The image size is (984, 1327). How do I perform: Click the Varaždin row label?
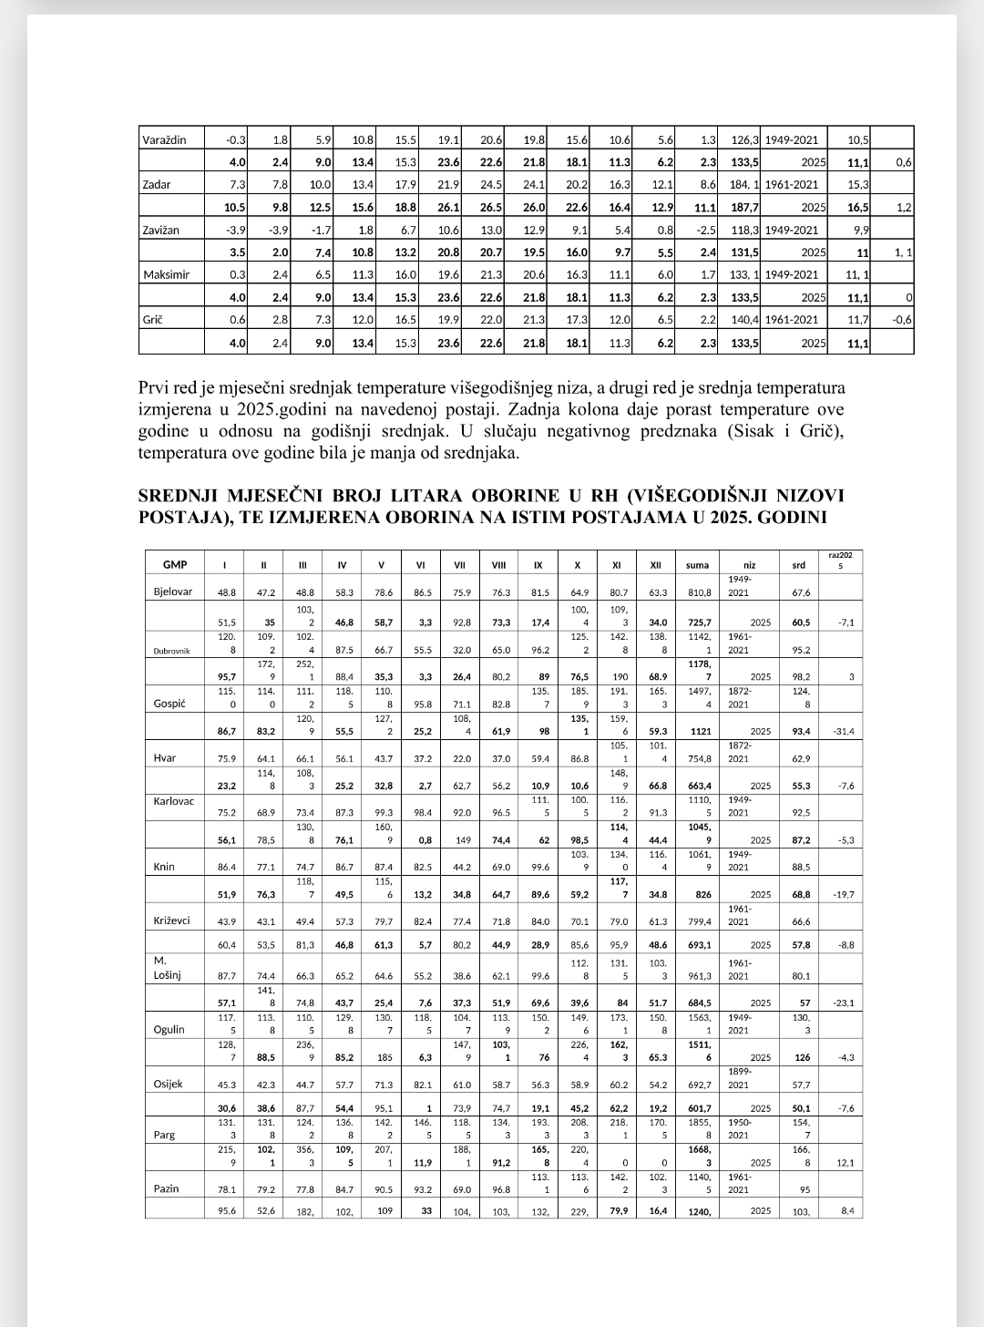pos(164,139)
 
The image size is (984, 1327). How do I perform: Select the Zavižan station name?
pos(162,230)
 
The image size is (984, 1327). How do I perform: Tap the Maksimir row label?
pos(166,274)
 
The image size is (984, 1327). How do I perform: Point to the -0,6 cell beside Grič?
pos(902,319)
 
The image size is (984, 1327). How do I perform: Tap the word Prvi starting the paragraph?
pos(154,387)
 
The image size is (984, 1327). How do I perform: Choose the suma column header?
pos(697,565)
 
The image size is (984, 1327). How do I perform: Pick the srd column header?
pos(798,565)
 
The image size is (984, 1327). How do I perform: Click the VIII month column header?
pos(498,565)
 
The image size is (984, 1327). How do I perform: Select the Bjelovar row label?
pos(172,591)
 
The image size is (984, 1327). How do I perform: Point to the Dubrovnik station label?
pos(171,651)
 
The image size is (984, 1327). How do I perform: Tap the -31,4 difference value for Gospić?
pos(843,732)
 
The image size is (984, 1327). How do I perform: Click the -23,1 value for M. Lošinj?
pos(844,1003)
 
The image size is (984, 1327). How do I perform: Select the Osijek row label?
pos(169,1084)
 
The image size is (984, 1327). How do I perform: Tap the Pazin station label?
pos(167,1188)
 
